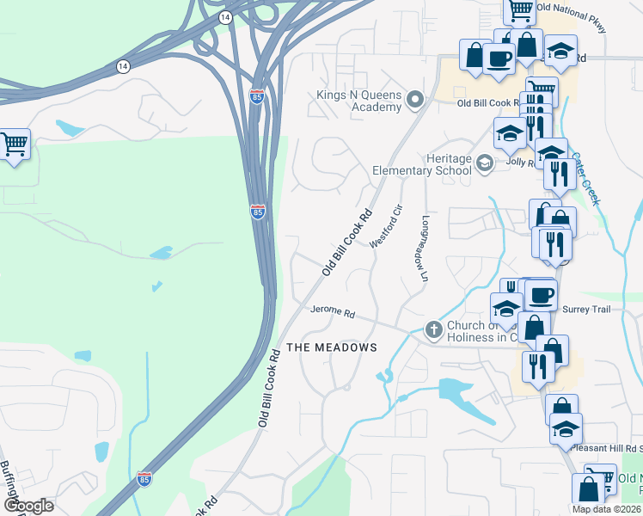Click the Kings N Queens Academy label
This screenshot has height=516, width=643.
pos(359,101)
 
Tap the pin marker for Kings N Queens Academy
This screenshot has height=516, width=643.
pos(416,101)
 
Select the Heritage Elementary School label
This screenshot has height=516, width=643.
pos(422,164)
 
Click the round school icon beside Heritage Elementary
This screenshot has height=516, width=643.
pos(485,163)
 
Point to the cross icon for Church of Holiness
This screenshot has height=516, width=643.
pos(433,329)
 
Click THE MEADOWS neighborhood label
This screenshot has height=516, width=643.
pos(331,347)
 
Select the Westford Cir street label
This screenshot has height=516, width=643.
pos(386,227)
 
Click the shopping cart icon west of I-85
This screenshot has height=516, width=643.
pos(14,144)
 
